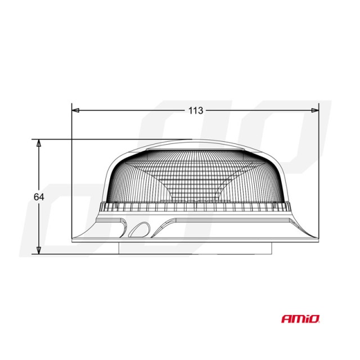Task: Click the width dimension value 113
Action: point(195,111)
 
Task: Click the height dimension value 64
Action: point(39,197)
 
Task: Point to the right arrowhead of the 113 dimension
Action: point(315,110)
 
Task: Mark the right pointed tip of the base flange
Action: point(317,240)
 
